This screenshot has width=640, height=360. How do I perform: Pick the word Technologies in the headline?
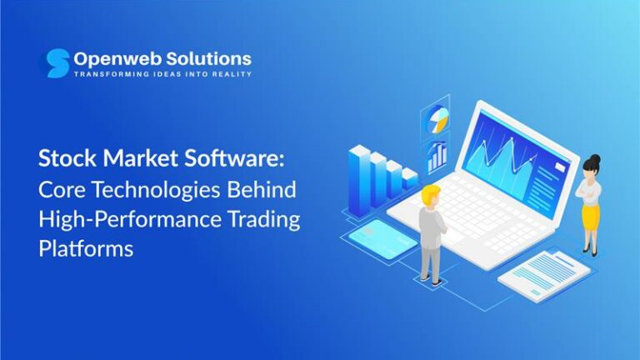pos(152,189)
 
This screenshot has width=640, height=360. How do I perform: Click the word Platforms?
pos(86,249)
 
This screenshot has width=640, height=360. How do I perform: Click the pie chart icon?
pos(437,122)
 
